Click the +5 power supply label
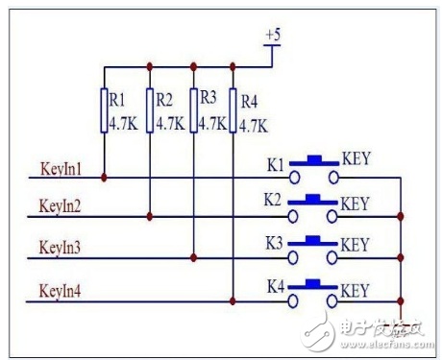[273, 35]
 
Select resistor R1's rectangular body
[104, 110]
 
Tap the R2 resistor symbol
[150, 110]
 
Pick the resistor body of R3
[193, 110]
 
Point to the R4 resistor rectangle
[233, 110]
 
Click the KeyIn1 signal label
[61, 169]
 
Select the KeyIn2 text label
[60, 205]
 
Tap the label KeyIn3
[60, 248]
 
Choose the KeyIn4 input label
[60, 291]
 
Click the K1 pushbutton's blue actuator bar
[314, 161]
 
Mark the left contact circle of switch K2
[293, 217]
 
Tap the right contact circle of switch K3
[332, 257]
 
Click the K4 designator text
[276, 286]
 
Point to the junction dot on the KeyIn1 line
[104, 178]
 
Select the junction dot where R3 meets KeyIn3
[193, 257]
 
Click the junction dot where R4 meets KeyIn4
[233, 301]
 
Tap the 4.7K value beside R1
[124, 124]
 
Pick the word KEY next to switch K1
[356, 158]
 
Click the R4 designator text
[249, 102]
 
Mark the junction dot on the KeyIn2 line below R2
[150, 217]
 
